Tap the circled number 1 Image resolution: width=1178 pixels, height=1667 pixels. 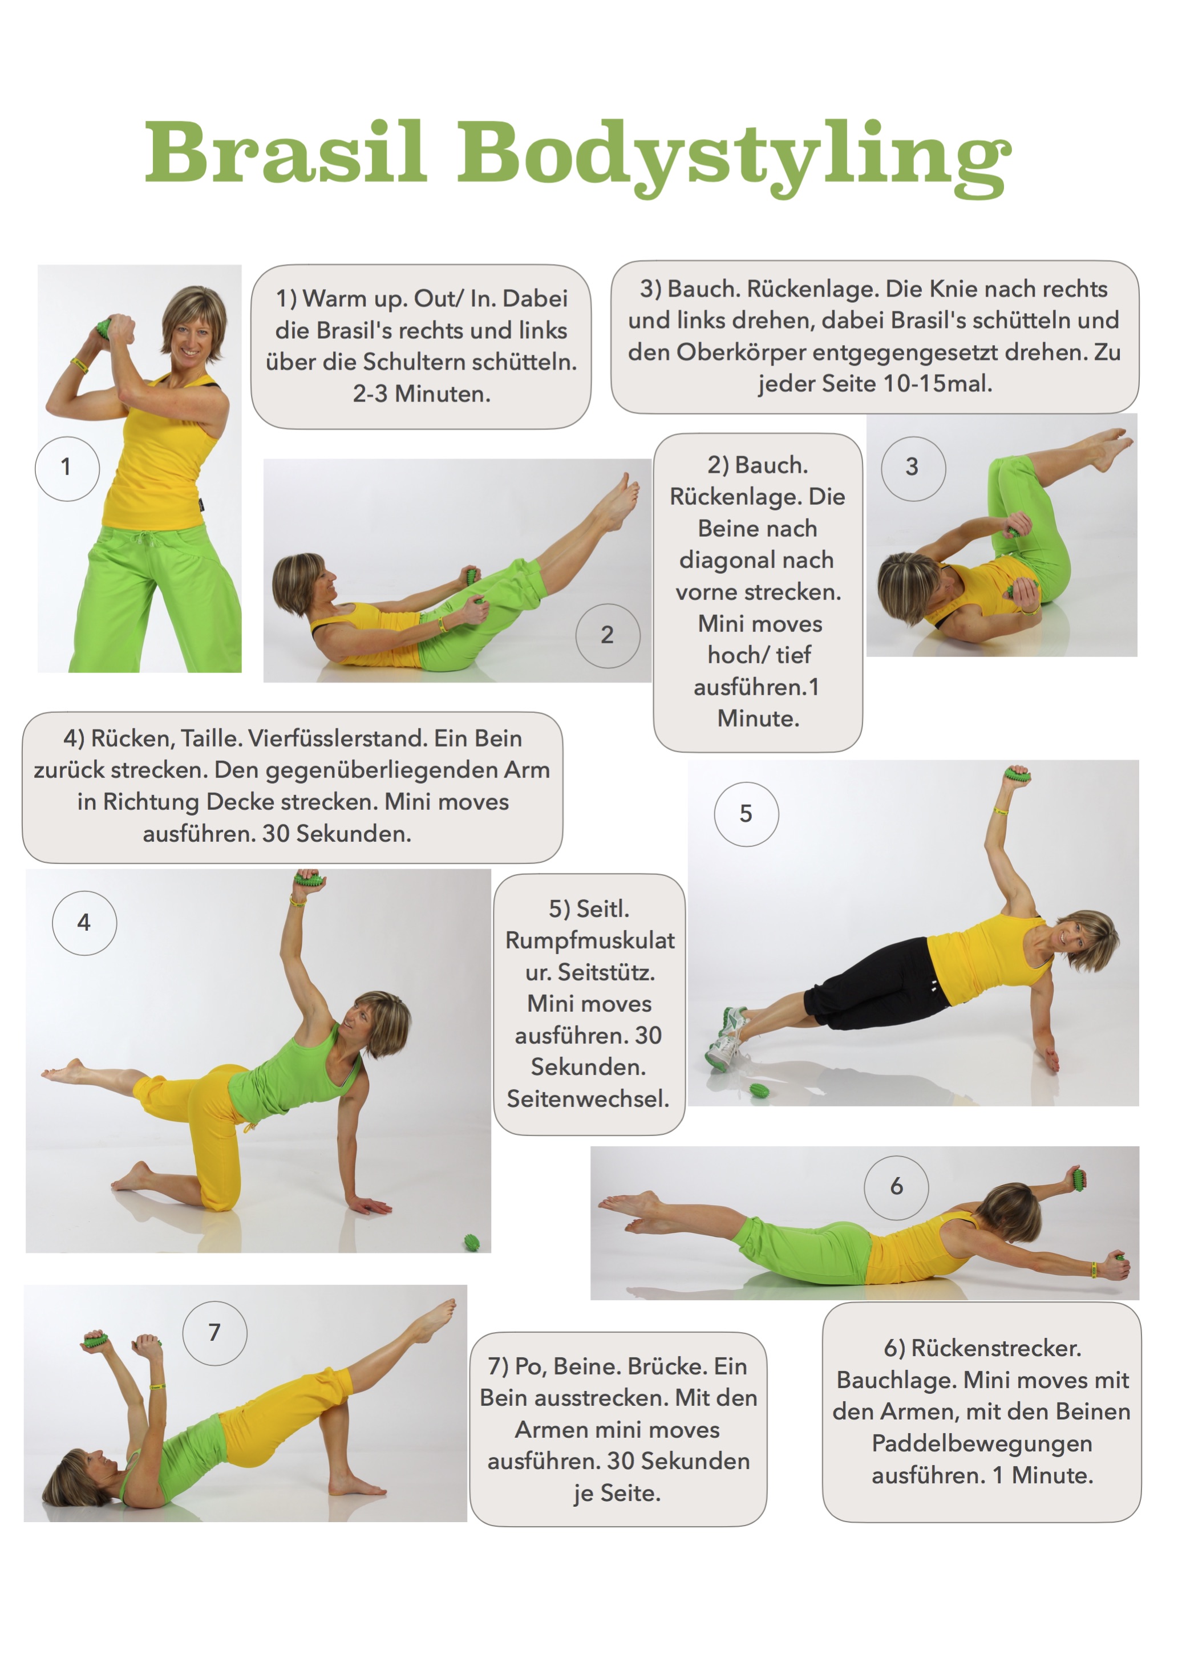point(67,468)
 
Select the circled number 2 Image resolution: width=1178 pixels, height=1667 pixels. point(608,635)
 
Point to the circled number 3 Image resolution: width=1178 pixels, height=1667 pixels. point(913,468)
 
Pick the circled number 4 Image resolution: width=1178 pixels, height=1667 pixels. point(84,923)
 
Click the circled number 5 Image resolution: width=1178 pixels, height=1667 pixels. point(747,814)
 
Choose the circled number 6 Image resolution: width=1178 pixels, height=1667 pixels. point(896,1187)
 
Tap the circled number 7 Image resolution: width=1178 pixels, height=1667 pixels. point(215,1333)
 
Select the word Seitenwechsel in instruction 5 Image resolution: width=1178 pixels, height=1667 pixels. point(588,1098)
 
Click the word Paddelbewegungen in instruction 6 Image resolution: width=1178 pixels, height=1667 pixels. point(982,1444)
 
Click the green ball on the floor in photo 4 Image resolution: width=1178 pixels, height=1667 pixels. point(472,1242)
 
